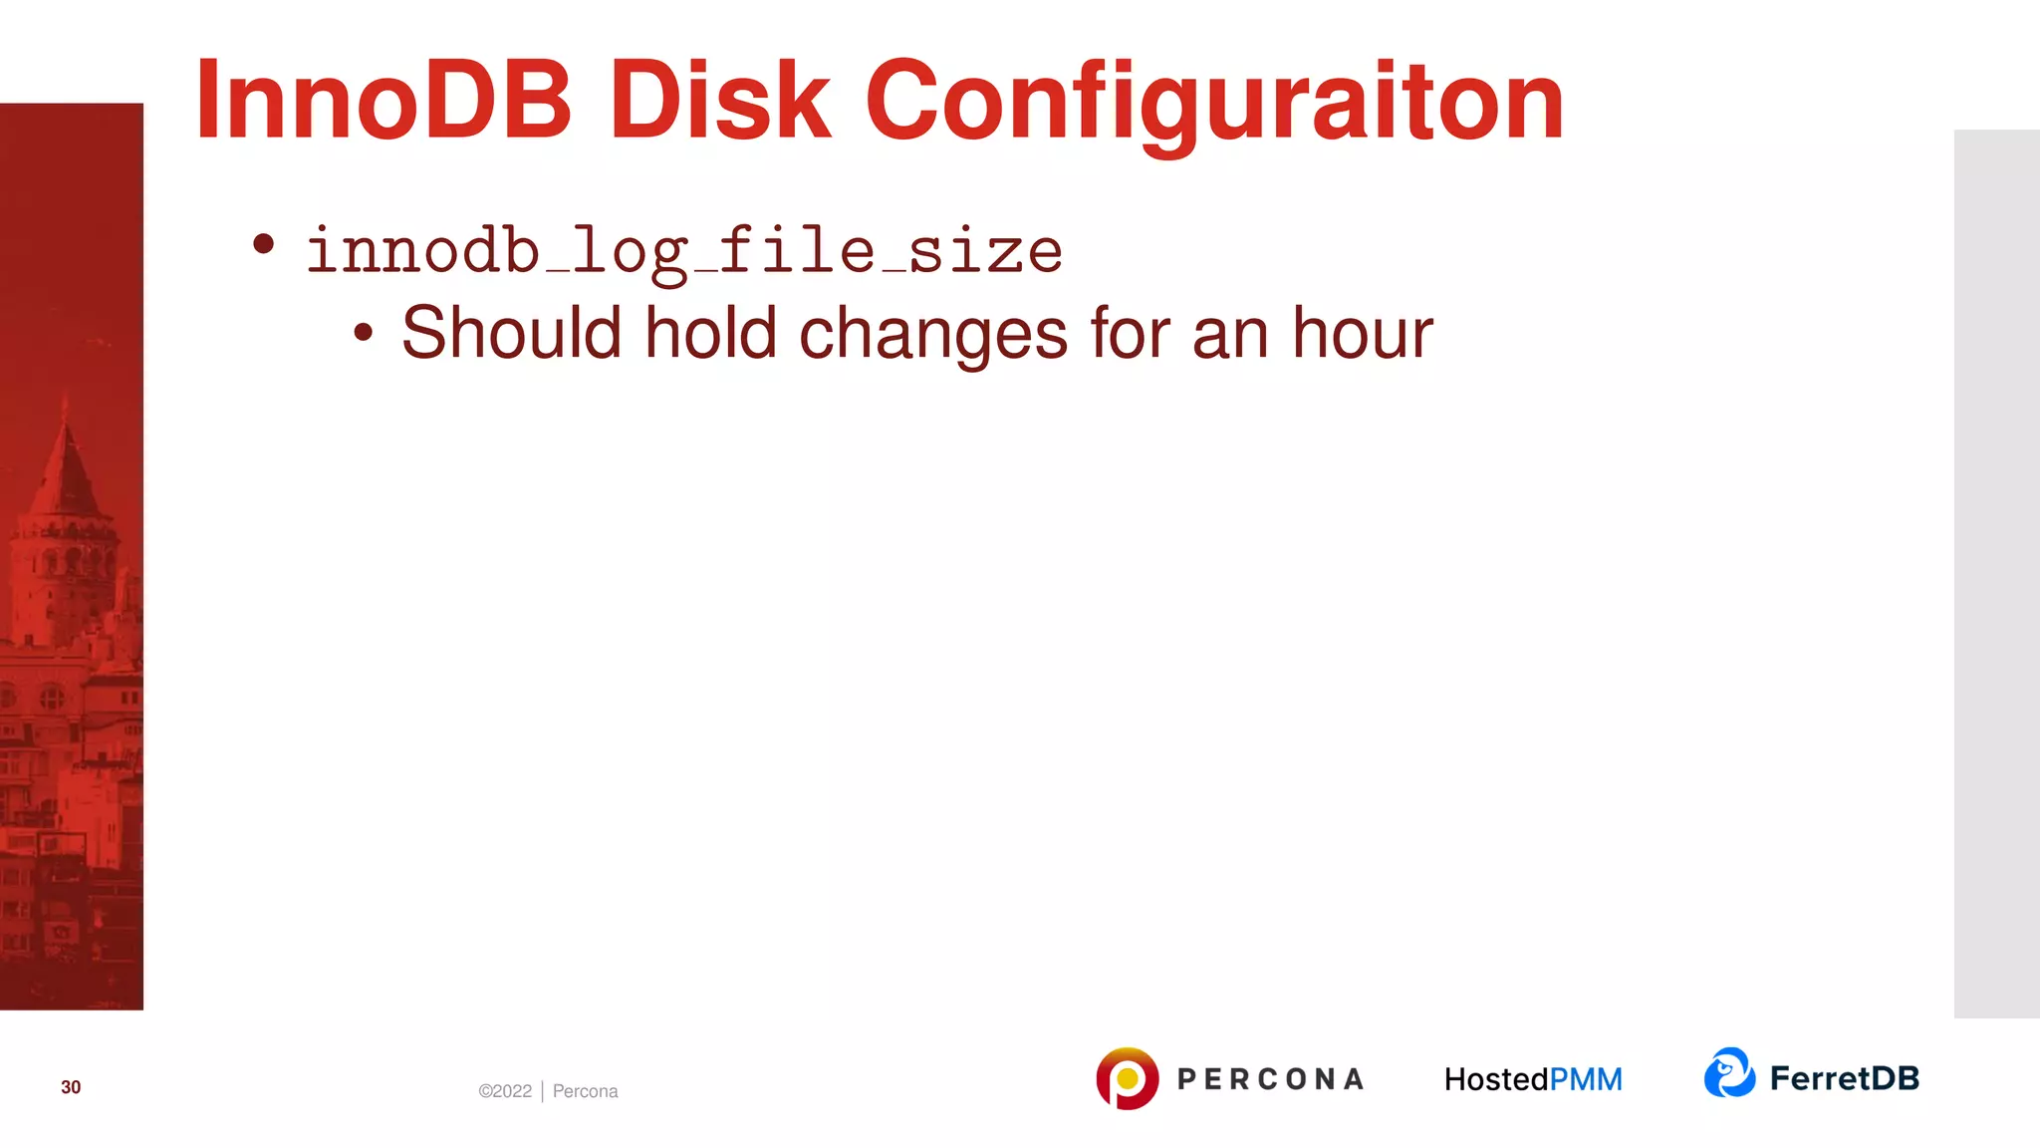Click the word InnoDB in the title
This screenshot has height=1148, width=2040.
click(x=383, y=101)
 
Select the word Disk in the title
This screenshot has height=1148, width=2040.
click(x=719, y=101)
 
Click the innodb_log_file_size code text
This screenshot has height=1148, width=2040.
click(x=684, y=251)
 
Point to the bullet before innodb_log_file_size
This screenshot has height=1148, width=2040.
click(x=263, y=244)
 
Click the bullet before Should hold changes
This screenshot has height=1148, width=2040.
click(x=364, y=334)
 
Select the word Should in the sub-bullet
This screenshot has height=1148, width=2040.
click(x=511, y=332)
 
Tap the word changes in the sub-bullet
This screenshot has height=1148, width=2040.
click(x=933, y=334)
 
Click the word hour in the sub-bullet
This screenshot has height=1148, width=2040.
click(x=1362, y=332)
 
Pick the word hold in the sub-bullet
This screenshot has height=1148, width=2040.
click(x=710, y=332)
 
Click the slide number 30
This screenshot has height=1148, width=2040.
click(x=71, y=1087)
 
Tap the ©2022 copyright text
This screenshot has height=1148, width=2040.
click(x=505, y=1091)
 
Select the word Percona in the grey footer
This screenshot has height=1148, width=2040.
click(x=585, y=1091)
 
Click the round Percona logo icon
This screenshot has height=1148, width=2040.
click(x=1127, y=1078)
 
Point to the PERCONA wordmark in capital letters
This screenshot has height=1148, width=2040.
click(x=1270, y=1079)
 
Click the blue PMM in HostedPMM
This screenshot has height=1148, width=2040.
click(x=1586, y=1079)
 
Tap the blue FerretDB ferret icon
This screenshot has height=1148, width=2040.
click(x=1729, y=1073)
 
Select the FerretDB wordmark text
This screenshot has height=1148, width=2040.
click(x=1844, y=1078)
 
